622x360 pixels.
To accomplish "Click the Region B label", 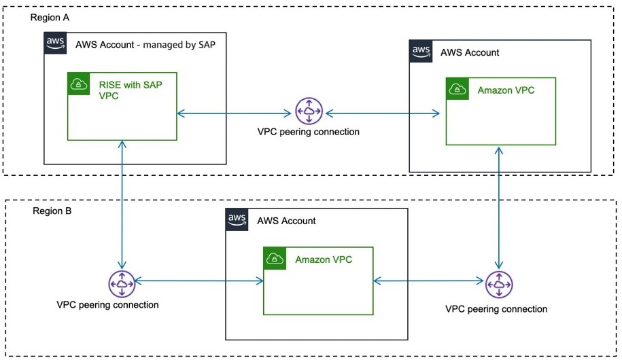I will [x=52, y=211].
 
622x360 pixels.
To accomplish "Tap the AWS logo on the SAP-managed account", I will [x=55, y=43].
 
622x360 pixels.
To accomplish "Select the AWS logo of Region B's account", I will [x=237, y=219].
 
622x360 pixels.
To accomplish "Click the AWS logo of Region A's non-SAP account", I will [x=421, y=51].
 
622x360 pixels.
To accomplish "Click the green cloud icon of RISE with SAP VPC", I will [x=80, y=84].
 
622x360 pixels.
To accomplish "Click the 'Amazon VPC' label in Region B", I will [x=324, y=259].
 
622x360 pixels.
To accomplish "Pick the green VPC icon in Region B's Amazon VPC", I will [x=275, y=258].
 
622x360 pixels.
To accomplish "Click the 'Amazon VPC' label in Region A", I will [x=506, y=90].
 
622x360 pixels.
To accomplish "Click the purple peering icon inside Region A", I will [x=309, y=111].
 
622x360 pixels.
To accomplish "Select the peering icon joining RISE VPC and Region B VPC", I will [x=122, y=283].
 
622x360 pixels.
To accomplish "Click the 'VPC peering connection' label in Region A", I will [x=308, y=132].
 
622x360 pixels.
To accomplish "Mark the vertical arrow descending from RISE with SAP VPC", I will [x=122, y=204].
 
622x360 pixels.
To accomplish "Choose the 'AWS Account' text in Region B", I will [x=286, y=221].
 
